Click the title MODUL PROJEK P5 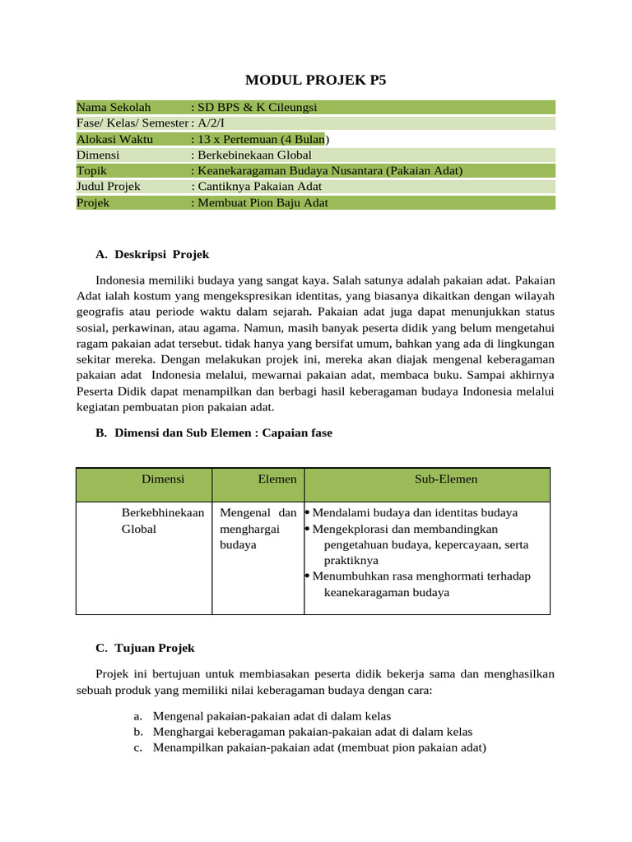click(316, 80)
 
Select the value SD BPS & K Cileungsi click(255, 108)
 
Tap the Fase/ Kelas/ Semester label click(132, 123)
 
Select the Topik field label click(92, 171)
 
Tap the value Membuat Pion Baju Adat click(262, 203)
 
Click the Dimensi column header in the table click(163, 479)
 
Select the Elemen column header click(277, 479)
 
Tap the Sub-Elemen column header click(446, 479)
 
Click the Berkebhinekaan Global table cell click(163, 520)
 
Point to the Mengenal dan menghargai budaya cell click(258, 529)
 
